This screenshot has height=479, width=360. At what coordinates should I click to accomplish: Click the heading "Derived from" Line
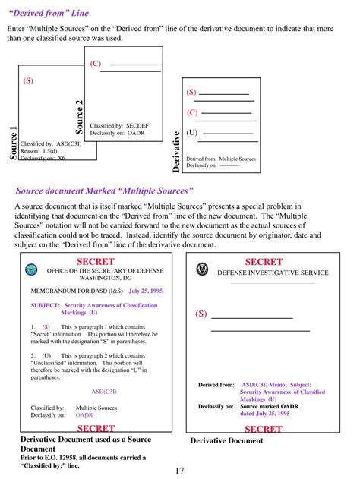[48, 13]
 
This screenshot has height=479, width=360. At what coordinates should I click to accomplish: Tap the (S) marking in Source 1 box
[28, 80]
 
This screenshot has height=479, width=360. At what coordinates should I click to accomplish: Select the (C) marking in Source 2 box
[96, 64]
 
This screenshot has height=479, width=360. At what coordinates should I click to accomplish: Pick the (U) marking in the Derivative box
[192, 132]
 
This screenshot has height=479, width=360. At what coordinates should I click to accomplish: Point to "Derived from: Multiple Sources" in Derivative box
[221, 159]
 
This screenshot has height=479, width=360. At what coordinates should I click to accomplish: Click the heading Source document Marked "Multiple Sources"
[105, 191]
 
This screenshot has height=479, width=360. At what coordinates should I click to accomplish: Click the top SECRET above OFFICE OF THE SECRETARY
[96, 262]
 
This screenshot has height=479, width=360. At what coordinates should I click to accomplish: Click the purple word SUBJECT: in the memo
[45, 305]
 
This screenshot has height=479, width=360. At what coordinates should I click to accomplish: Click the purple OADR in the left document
[84, 415]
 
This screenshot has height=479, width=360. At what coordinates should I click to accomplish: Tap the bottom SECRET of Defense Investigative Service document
[264, 429]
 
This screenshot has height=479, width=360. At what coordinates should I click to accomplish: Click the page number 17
[179, 471]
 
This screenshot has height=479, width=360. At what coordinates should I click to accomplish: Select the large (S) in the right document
[201, 314]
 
